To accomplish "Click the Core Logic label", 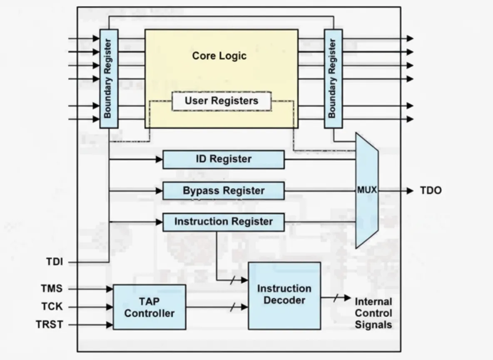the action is (x=219, y=56).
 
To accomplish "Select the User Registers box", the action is (x=222, y=101).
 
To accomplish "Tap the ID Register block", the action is (x=224, y=159).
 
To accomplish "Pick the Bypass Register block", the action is (x=224, y=191).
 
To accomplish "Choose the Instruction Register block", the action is (x=224, y=222).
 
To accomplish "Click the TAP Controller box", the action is (x=149, y=307).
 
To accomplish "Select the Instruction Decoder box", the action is (x=284, y=296).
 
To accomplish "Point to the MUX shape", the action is (x=367, y=190).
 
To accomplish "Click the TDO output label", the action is (x=431, y=190).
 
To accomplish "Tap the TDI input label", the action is (x=55, y=262).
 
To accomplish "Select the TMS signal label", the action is (x=52, y=288).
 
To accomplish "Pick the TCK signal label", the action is (x=52, y=307).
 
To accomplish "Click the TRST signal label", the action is (x=50, y=325).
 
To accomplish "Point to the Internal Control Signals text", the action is (x=373, y=313).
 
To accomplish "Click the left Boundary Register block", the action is (x=109, y=79).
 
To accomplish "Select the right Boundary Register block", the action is (x=333, y=79).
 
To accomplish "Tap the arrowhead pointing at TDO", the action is (x=410, y=191).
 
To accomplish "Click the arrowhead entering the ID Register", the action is (x=159, y=160).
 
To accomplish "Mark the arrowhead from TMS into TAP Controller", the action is (x=110, y=289).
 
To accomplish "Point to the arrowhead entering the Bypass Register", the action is (x=159, y=191).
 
